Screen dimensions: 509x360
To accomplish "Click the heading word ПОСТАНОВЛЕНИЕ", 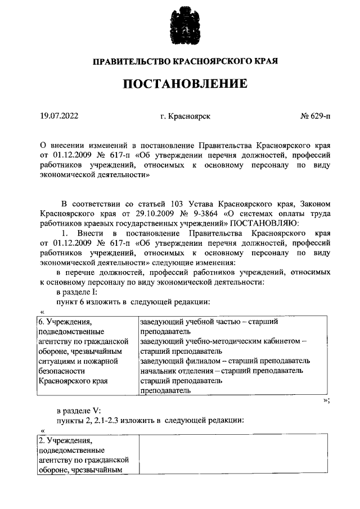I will (185, 84).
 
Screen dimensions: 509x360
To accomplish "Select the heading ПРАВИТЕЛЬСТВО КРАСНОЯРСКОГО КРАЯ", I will (185, 60).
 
